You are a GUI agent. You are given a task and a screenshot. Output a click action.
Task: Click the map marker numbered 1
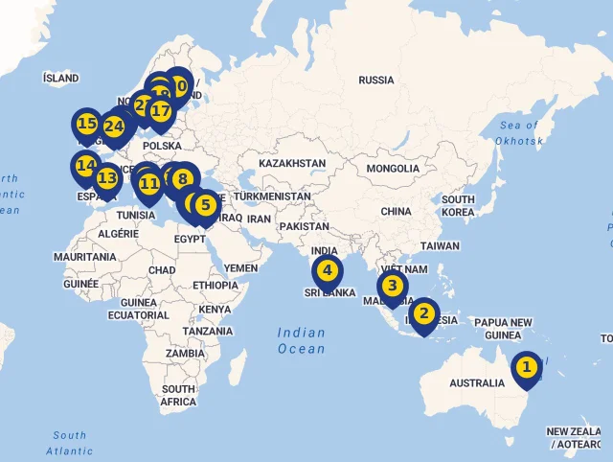click(x=525, y=367)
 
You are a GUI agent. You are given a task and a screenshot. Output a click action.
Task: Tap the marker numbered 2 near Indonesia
click(x=424, y=313)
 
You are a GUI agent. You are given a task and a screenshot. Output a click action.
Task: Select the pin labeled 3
click(x=392, y=286)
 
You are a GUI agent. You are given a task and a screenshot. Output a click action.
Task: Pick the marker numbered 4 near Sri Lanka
click(x=327, y=270)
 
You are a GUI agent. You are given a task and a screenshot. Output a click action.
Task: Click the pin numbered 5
click(x=204, y=204)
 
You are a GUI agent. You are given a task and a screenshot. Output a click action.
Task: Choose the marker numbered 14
click(x=85, y=166)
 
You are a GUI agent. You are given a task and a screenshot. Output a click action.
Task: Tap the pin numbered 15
click(x=86, y=124)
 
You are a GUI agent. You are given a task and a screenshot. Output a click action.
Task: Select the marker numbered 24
click(x=114, y=127)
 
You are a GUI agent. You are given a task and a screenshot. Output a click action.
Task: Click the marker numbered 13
click(x=106, y=178)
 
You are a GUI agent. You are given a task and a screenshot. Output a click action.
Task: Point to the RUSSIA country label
click(x=375, y=81)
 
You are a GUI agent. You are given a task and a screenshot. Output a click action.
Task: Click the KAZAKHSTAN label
click(x=291, y=164)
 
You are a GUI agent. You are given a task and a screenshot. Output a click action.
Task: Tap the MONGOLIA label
click(x=392, y=169)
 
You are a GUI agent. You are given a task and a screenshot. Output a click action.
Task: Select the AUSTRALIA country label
click(x=476, y=383)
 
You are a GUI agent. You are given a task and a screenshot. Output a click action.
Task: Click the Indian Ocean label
click(x=302, y=341)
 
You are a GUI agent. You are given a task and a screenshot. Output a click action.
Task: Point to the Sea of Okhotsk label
click(x=518, y=133)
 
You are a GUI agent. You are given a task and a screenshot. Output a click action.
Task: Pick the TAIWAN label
click(x=440, y=245)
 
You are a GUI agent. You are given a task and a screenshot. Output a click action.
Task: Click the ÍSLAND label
click(x=60, y=78)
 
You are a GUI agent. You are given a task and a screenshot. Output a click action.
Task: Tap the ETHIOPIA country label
click(x=215, y=286)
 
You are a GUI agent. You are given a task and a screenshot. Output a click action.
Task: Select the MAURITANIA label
click(x=84, y=258)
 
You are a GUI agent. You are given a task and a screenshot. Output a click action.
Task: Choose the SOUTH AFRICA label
click(x=178, y=396)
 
